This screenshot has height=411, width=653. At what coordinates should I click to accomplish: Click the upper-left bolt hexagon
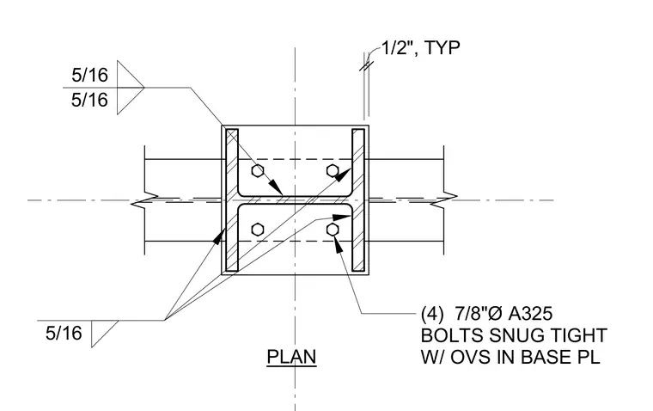[x=258, y=171]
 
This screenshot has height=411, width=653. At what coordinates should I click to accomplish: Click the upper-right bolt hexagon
[x=333, y=171]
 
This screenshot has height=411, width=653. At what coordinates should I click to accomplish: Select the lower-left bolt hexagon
[x=258, y=230]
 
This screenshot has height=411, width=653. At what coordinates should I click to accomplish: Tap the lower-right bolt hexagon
[x=333, y=230]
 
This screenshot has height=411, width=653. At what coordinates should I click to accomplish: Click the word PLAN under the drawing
[x=291, y=357]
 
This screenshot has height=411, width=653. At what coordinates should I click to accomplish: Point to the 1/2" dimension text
[x=397, y=48]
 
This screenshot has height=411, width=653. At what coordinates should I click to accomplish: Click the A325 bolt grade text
[x=530, y=314]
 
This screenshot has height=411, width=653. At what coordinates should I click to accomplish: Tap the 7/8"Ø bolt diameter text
[x=479, y=314]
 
